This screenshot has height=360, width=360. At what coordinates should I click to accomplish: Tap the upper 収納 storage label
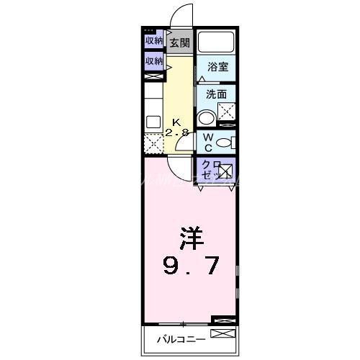pos(154,41)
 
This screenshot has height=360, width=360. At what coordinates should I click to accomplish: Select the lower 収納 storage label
pos(154,61)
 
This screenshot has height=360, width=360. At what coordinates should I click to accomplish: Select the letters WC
pos(207,140)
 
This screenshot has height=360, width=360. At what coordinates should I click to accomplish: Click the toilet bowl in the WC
pos(225,142)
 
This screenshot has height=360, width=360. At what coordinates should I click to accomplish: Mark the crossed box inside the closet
pos(225,171)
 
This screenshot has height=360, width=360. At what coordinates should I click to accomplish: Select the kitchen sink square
pos(154,122)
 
